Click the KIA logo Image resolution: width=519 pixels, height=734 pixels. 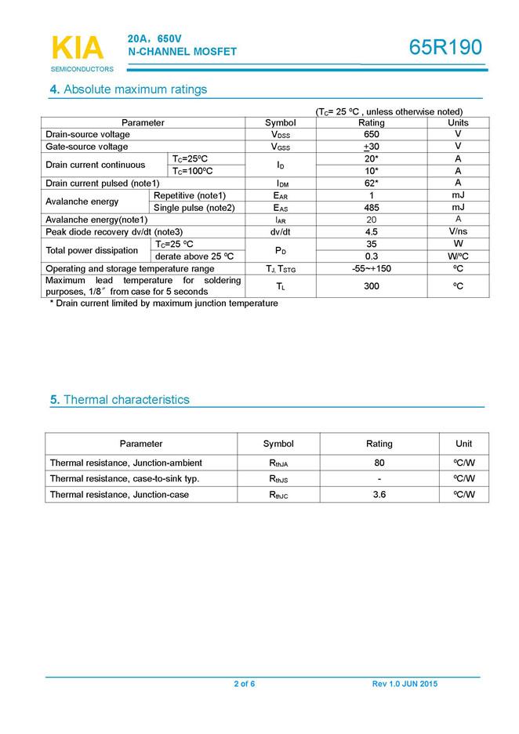click(77, 48)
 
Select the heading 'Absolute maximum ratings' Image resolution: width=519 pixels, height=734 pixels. click(135, 89)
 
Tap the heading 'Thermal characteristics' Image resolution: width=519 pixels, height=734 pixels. click(126, 400)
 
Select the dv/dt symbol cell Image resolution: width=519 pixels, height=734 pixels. click(281, 232)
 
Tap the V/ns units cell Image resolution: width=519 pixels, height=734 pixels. click(458, 232)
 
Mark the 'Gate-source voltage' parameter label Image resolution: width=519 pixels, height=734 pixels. click(87, 147)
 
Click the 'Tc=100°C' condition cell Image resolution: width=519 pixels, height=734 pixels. click(193, 171)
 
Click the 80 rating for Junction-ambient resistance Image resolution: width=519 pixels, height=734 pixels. click(379, 463)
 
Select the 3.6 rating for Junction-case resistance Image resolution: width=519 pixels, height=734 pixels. click(379, 495)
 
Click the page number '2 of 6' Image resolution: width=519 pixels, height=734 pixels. click(244, 685)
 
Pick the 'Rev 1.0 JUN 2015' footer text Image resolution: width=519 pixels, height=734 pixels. click(405, 685)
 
